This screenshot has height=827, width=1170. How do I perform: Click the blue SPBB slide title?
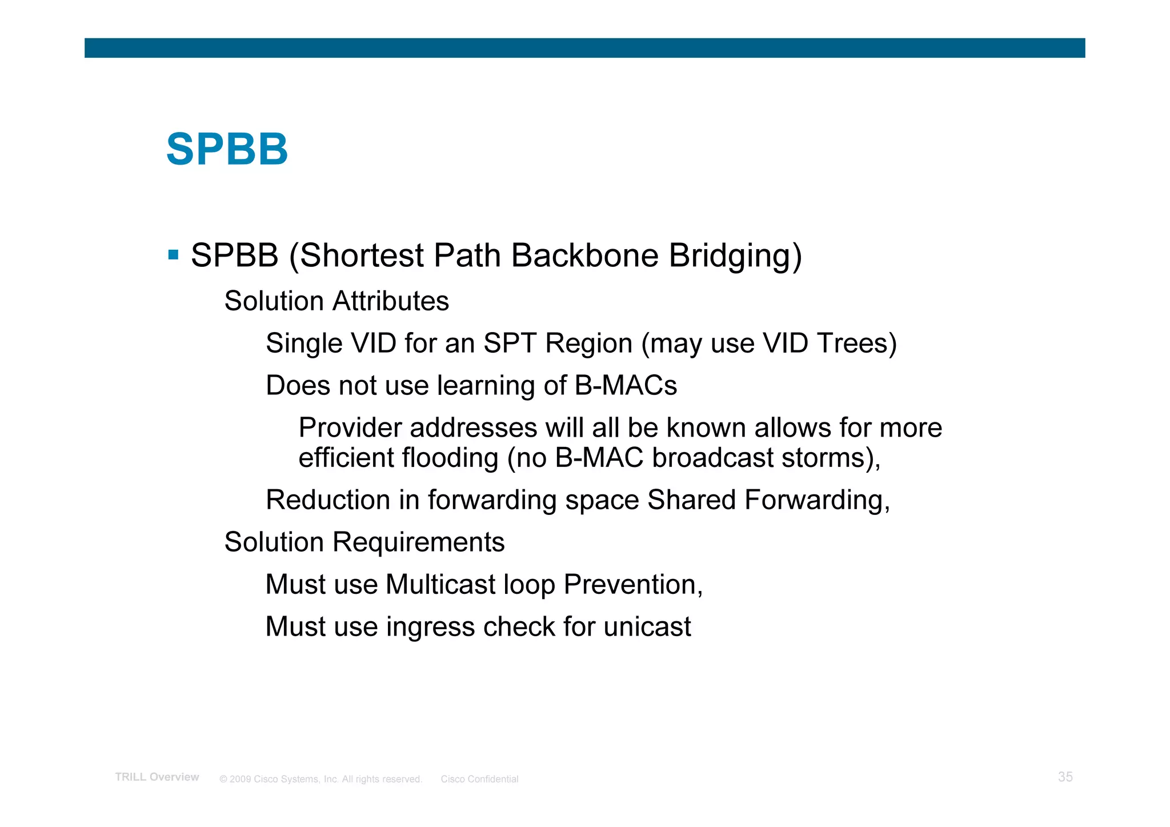pos(227,150)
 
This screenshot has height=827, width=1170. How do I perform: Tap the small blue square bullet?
pos(174,254)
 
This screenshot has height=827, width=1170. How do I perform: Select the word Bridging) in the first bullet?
pos(735,256)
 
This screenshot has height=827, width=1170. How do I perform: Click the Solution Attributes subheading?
pos(336,301)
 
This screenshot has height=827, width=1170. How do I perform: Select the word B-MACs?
pos(626,386)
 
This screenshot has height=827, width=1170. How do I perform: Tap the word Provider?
pos(350,428)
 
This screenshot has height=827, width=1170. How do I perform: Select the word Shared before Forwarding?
pos(691,500)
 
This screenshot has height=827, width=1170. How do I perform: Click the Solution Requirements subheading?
pos(364,542)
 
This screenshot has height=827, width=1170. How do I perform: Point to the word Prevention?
pos(633,585)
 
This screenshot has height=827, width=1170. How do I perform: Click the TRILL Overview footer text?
pos(157,777)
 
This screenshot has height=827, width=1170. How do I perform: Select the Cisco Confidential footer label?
pos(479,779)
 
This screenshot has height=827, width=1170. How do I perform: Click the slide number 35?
pos(1065,777)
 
